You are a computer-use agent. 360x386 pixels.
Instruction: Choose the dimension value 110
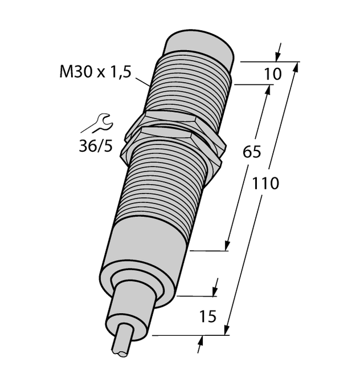pyautogui.click(x=265, y=184)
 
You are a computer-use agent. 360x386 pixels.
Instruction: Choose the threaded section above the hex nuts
pyautogui.click(x=188, y=86)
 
